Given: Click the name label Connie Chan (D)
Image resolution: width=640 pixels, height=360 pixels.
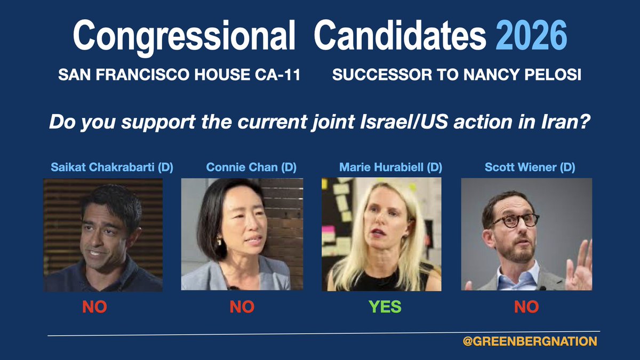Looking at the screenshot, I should (x=244, y=167).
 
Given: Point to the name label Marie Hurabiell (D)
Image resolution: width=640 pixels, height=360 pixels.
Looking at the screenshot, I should (x=391, y=167).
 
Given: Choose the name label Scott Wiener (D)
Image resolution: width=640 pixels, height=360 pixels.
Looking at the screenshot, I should (x=530, y=167).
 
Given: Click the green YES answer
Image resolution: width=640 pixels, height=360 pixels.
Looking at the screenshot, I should (x=386, y=307).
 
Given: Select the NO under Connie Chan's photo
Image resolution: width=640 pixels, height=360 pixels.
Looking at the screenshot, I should (x=242, y=307).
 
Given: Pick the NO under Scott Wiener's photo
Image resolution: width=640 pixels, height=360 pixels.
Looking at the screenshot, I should (x=526, y=307).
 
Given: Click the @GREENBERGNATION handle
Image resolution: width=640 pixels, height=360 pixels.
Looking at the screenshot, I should (x=530, y=341).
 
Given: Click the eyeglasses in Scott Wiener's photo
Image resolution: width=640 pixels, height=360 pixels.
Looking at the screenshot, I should (x=515, y=220).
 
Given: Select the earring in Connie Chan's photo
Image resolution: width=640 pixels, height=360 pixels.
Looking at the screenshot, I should (x=219, y=242).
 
